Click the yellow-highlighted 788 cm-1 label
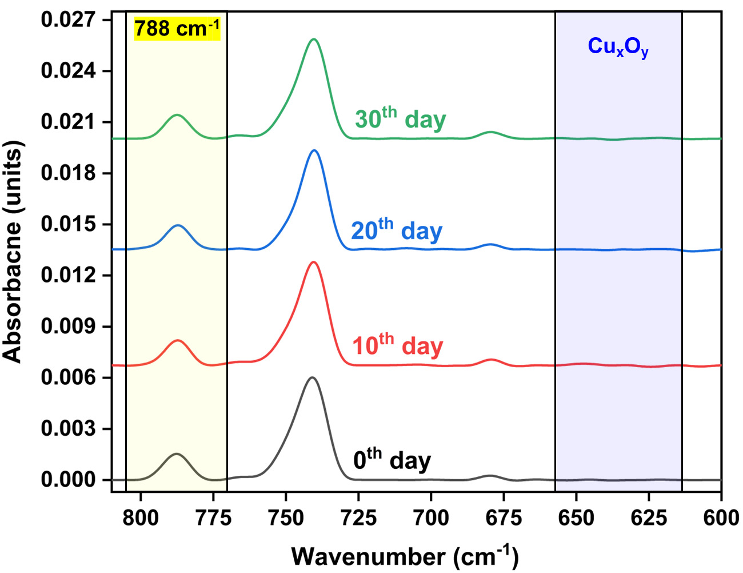pos(177,29)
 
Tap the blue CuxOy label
pos(618,47)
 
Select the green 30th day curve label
pos(400,119)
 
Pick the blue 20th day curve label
pos(397,230)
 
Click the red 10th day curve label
pos(398,346)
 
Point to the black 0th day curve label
pos(392,460)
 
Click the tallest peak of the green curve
pos(313,39)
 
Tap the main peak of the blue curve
pos(313,150)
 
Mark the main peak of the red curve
pos(313,262)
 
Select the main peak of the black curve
pos(311,377)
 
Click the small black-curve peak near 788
pos(177,454)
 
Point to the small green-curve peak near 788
pos(177,115)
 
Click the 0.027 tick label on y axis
pos(67,20)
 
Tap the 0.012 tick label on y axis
pos(67,275)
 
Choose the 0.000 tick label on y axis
pos(67,480)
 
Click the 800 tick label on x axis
pos(141,518)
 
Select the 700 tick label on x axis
pos(431,518)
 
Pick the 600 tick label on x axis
pos(721,518)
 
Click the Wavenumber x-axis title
pos(405,556)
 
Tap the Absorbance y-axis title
pos(13,252)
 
